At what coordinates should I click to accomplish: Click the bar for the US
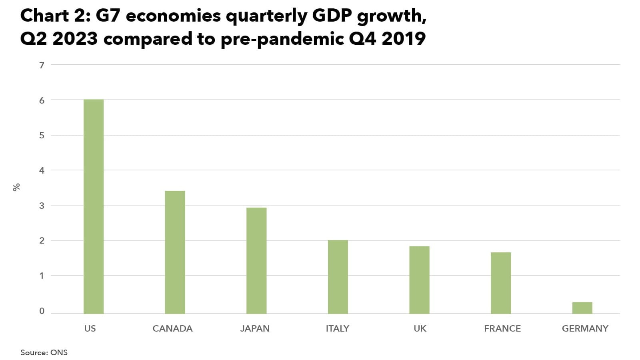[x=94, y=206]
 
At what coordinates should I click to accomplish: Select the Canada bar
[x=175, y=252]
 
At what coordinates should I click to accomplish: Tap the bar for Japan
[x=256, y=260]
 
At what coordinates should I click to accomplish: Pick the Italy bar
[x=338, y=277]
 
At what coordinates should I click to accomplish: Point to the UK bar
[x=419, y=280]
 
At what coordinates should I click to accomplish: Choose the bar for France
[x=501, y=283]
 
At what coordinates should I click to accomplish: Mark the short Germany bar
[x=582, y=308]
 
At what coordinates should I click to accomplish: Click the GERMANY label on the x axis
[x=585, y=328]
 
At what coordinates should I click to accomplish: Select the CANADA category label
[x=172, y=328]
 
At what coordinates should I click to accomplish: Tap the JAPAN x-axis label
[x=255, y=328]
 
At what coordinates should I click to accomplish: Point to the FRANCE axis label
[x=502, y=328]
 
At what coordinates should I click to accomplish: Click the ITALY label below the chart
[x=337, y=328]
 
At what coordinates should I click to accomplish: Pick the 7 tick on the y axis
[x=42, y=65]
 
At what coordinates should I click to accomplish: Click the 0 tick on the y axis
[x=42, y=311]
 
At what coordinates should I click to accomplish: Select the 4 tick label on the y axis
[x=42, y=170]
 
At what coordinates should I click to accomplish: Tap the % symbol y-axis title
[x=16, y=187]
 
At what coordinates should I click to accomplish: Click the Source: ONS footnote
[x=44, y=352]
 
